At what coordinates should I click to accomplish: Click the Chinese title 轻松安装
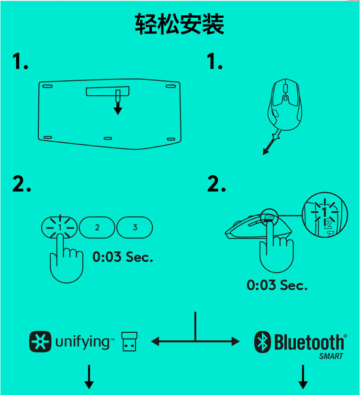point(180,24)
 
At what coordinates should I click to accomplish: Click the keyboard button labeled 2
point(97,227)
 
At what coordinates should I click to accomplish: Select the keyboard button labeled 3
point(135,227)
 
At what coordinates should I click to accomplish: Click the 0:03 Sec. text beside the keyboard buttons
point(123,257)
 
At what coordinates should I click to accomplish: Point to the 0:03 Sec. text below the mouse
point(277,285)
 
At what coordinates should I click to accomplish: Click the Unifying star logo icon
point(40,341)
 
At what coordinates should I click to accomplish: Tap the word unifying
point(83,342)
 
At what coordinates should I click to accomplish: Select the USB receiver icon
point(129,341)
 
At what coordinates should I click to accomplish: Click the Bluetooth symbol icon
point(262,342)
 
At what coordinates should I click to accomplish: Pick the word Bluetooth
point(309,342)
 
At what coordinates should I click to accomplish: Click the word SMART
point(331,356)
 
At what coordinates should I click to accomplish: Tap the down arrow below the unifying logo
point(89,377)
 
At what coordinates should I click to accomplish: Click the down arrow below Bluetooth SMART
point(303,377)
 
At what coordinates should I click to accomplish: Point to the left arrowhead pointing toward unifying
point(155,341)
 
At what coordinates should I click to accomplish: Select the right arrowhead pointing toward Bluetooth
point(236,341)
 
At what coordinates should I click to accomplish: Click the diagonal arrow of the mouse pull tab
point(271,142)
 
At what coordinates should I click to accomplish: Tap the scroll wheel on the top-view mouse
point(285,89)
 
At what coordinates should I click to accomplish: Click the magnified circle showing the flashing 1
point(325,215)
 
